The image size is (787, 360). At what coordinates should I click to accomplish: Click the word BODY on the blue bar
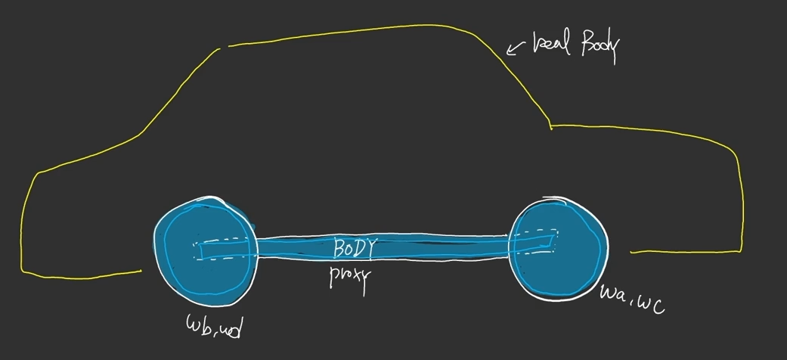coord(354,247)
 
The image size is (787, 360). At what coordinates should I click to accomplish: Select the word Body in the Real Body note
coord(599,47)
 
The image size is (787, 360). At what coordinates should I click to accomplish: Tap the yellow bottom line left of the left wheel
coord(83,272)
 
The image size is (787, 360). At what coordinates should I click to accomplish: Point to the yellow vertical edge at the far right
coord(741,200)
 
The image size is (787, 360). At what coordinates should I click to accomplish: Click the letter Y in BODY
coord(369,248)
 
